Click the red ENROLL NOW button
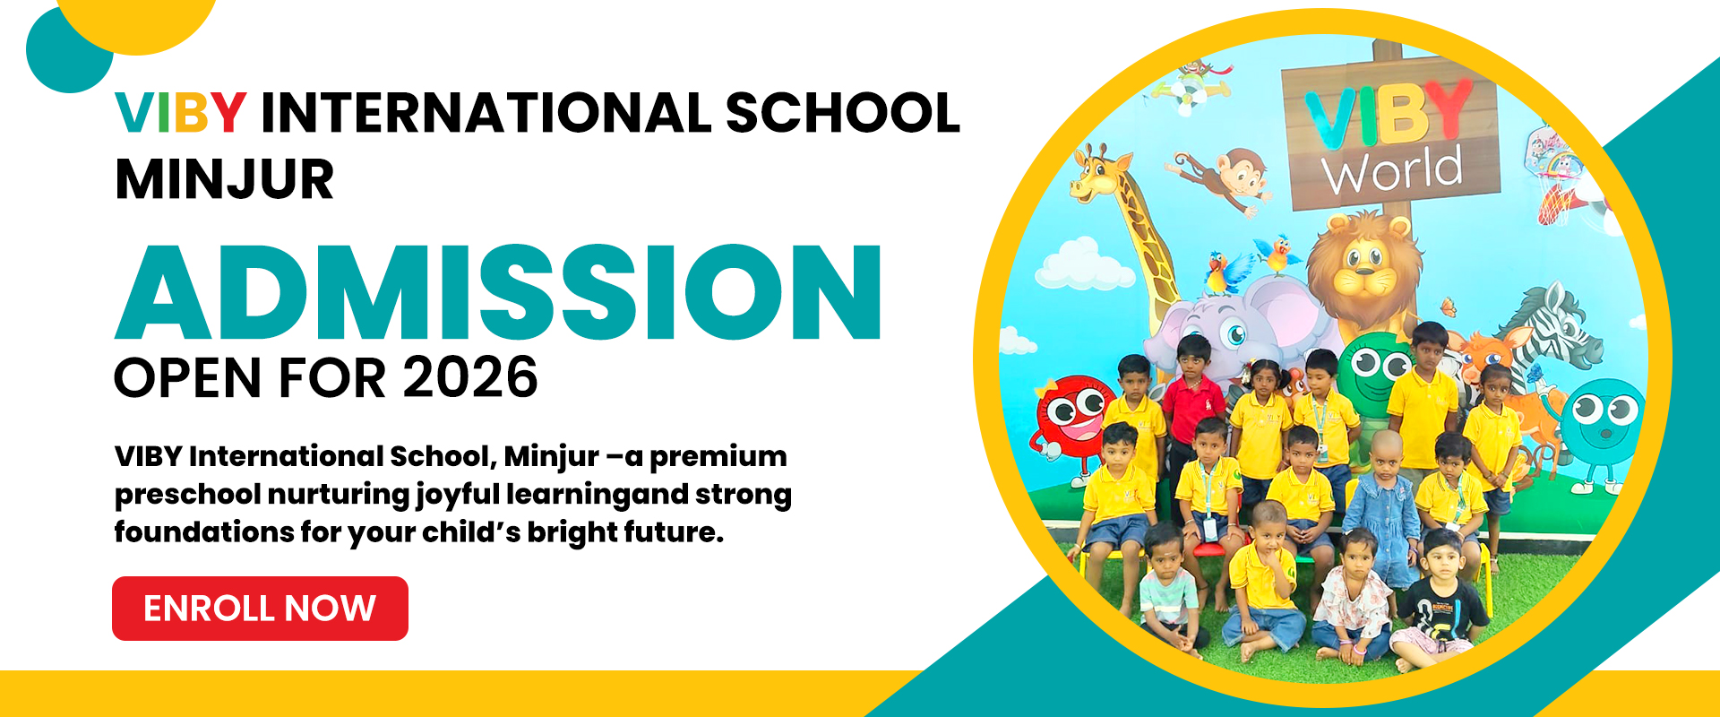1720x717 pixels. click(260, 609)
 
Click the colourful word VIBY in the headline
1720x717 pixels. click(181, 113)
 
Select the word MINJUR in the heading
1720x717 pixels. click(225, 180)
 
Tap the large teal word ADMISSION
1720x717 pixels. click(498, 292)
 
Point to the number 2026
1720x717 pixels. click(470, 377)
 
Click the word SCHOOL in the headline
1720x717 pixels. click(843, 113)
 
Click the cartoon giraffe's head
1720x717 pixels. click(1099, 176)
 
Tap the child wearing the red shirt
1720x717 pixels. click(1192, 403)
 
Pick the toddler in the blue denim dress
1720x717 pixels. click(1384, 511)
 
